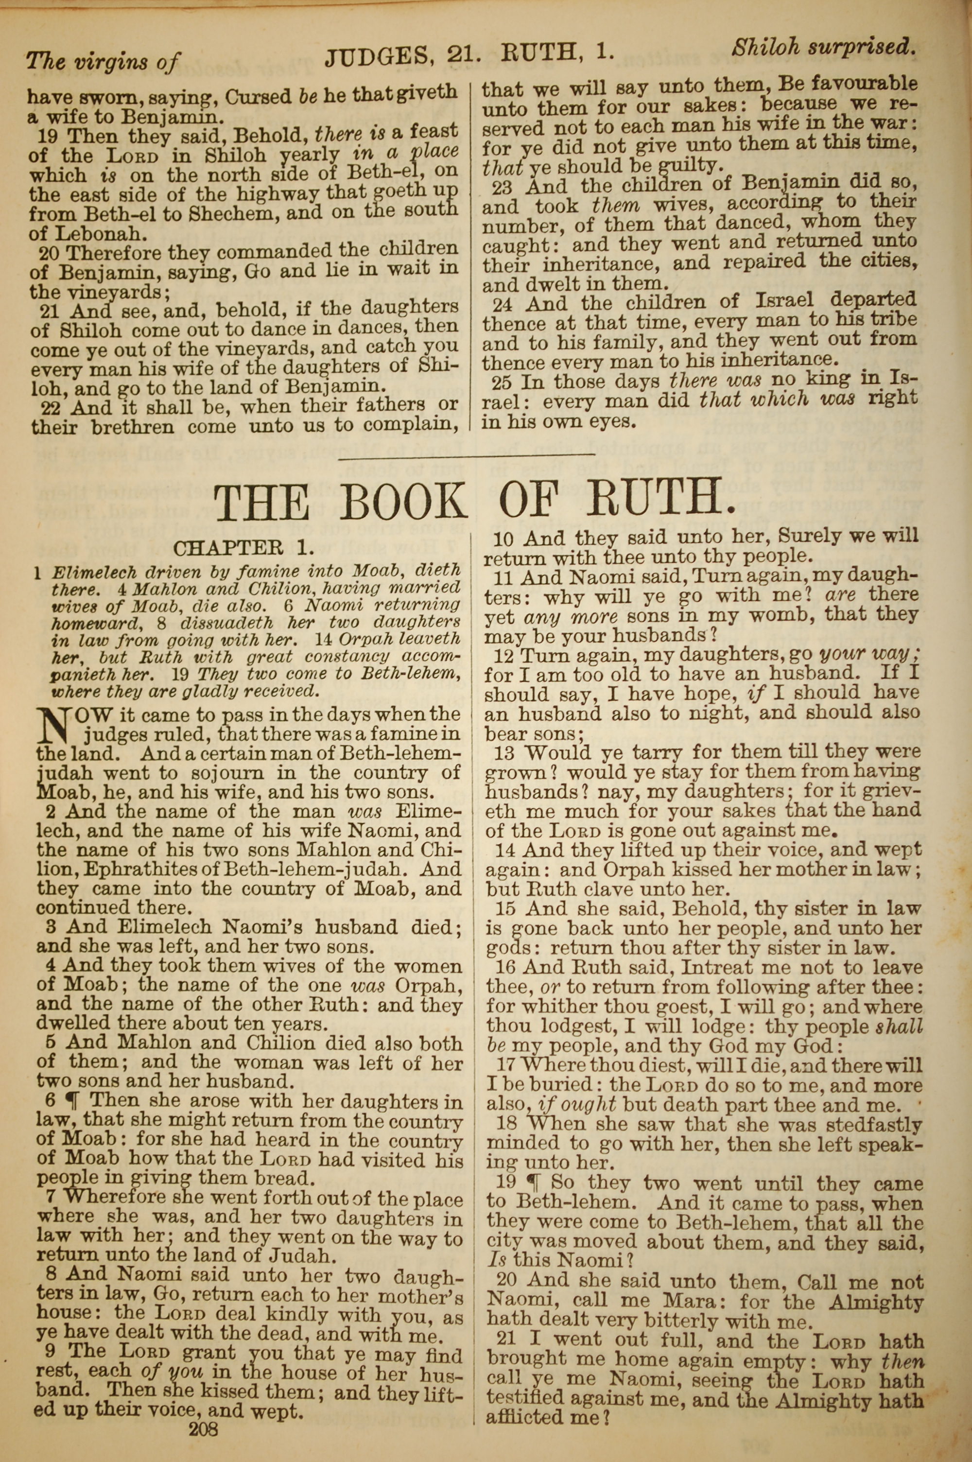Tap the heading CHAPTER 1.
pyautogui.click(x=244, y=548)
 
